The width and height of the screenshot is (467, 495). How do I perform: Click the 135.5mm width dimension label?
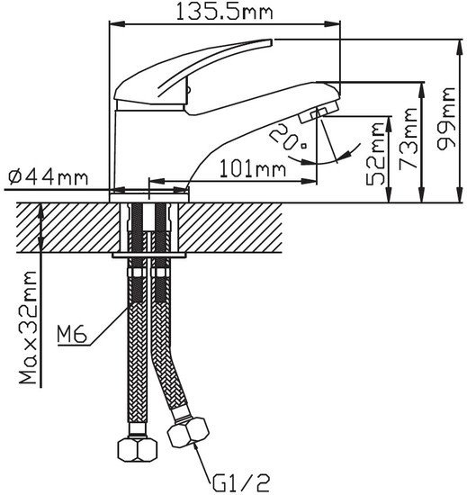[224, 12]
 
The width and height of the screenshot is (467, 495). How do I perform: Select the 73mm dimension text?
[408, 139]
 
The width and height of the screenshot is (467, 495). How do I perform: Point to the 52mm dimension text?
[375, 154]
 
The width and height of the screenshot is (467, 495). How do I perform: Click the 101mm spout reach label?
[253, 168]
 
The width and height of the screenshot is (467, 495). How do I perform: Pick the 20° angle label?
[288, 138]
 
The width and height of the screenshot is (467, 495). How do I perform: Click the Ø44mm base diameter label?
[48, 177]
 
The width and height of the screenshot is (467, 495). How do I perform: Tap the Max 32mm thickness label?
[28, 328]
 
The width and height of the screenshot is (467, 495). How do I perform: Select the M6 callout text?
[72, 334]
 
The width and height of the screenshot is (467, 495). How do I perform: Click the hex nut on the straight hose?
[138, 449]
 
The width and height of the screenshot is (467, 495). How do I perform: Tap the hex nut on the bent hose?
[188, 432]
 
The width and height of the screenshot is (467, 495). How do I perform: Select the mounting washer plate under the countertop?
[148, 255]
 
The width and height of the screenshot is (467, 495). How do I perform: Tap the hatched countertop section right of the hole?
[230, 228]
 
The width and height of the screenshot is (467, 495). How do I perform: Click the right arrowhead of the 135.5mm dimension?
[333, 24]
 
